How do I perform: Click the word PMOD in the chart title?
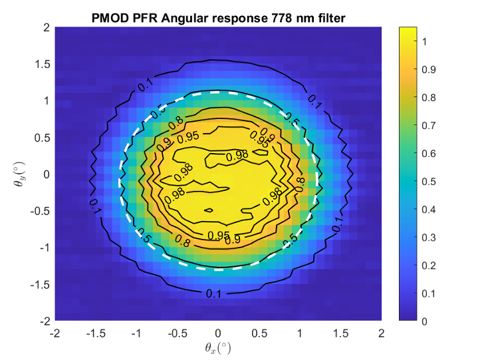[109, 19]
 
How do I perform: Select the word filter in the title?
[328, 19]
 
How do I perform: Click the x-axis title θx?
[218, 347]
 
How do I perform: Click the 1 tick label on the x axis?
[300, 332]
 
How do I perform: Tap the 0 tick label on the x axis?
[218, 332]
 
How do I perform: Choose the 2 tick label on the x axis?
[382, 332]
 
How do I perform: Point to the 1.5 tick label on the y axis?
[43, 65]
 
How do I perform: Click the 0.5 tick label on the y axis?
[43, 138]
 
